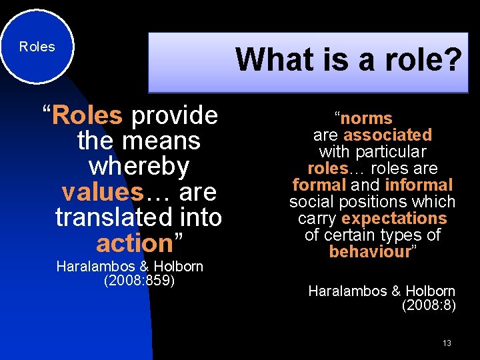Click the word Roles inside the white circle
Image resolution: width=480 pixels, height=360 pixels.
[37, 47]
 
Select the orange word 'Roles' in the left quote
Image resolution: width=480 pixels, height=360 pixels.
[87, 115]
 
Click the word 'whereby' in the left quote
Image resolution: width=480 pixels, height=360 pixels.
[139, 166]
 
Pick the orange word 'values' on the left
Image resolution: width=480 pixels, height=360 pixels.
[102, 192]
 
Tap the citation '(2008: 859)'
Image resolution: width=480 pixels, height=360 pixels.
[139, 280]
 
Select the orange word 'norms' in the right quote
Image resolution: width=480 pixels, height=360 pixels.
[367, 119]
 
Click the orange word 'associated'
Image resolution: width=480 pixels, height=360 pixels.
[387, 135]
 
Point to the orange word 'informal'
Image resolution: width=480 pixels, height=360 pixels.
[419, 185]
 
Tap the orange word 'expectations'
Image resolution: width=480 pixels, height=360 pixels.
[394, 218]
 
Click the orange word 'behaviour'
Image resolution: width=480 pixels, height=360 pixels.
[370, 251]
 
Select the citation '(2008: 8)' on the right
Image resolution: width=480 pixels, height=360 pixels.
[429, 305]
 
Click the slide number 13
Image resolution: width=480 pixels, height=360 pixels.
[447, 343]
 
